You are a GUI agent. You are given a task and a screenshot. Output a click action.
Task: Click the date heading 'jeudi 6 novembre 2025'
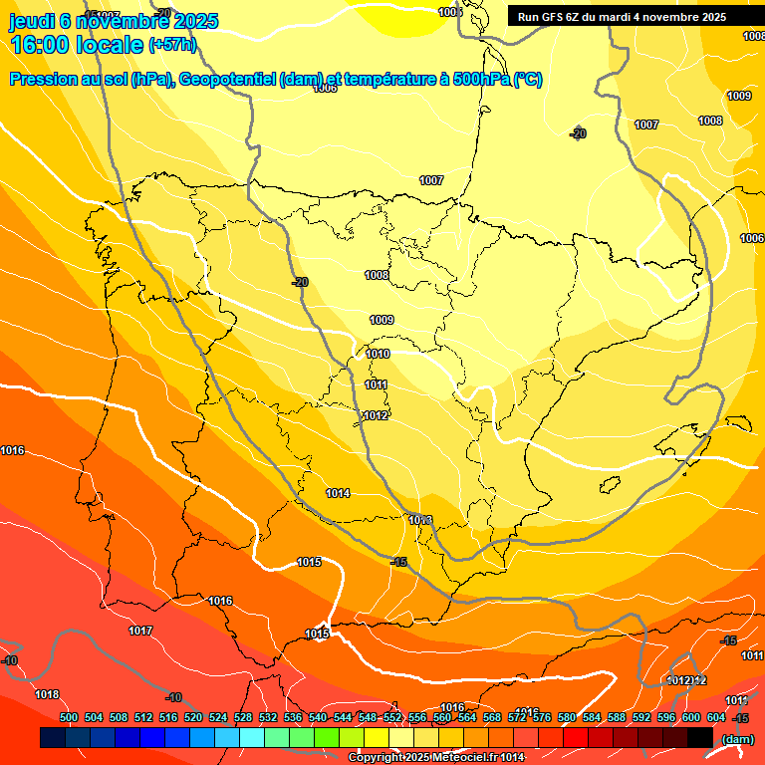[x=114, y=21]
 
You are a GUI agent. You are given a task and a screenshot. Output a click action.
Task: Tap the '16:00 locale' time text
[x=78, y=45]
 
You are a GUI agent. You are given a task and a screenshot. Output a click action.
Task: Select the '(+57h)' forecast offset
[x=173, y=45]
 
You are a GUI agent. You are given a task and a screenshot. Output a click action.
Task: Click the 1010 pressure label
[x=378, y=354]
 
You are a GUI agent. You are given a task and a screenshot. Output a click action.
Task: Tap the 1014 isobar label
[x=338, y=493]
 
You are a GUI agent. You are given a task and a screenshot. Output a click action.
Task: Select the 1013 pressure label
[x=420, y=520]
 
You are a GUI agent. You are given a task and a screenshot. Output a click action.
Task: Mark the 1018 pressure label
[x=47, y=694]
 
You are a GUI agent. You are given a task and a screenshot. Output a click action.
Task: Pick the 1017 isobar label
[x=140, y=631]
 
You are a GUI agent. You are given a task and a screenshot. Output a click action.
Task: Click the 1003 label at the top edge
[x=449, y=12]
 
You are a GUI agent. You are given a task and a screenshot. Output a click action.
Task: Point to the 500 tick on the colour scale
[x=69, y=717]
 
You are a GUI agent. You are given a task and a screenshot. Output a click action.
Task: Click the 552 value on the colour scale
[x=392, y=717]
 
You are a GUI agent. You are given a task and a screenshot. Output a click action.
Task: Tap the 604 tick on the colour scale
[x=716, y=717]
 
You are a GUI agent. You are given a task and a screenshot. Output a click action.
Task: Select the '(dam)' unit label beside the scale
[x=736, y=739]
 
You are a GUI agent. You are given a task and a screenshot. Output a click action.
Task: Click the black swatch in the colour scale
[x=700, y=738]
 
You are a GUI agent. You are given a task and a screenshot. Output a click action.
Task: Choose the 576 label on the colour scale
[x=542, y=717]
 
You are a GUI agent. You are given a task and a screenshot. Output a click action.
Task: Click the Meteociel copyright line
[x=436, y=758]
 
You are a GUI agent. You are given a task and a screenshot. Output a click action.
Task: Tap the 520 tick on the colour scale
[x=193, y=717]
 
